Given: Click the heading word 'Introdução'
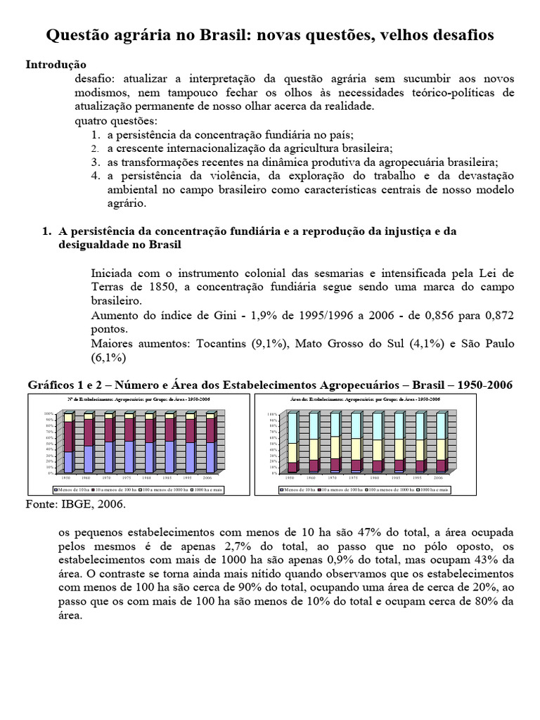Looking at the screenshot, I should (56, 64).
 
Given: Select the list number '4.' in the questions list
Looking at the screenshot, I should (96, 175).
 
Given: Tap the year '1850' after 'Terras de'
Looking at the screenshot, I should (148, 287).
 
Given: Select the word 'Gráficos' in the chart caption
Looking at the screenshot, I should (53, 385).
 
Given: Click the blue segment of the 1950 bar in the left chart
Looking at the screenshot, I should (68, 461).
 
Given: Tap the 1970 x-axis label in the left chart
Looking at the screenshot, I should (108, 477).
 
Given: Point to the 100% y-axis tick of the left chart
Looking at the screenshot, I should (49, 413).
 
